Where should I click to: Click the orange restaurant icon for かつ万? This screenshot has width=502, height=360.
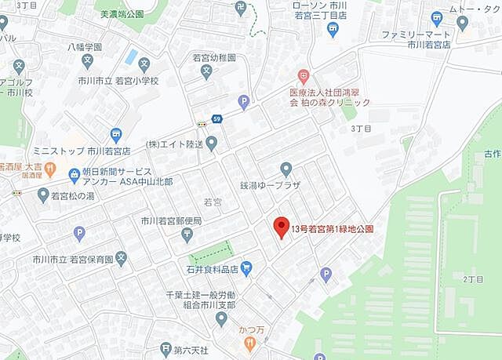249,342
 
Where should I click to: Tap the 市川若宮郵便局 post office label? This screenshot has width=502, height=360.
171,221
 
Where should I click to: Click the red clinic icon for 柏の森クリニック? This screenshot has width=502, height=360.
304,77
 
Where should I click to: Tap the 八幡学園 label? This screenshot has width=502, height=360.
85,46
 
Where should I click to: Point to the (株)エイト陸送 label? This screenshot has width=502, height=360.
175,144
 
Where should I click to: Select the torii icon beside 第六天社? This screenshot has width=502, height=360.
165,349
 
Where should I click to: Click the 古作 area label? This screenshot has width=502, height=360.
492,155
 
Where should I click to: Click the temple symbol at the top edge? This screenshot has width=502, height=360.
242,7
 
